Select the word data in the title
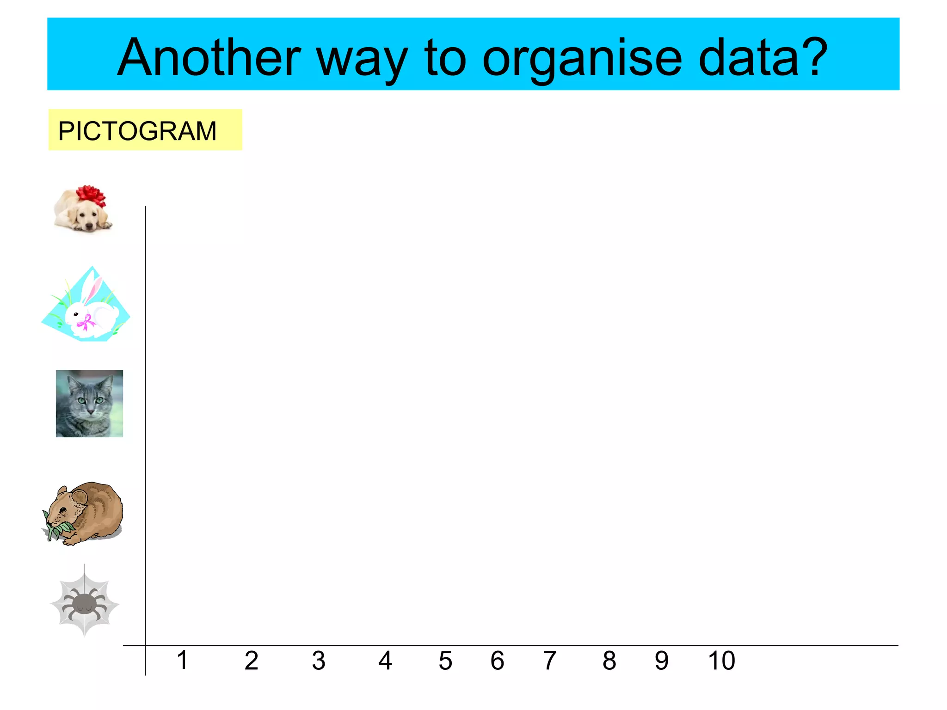(x=749, y=58)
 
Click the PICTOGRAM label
(x=137, y=131)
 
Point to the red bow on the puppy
(x=91, y=195)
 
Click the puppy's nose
(x=89, y=226)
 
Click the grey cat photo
(x=89, y=403)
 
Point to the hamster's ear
(x=79, y=497)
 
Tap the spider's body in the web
(x=84, y=603)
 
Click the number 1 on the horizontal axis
(x=183, y=660)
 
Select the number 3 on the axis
(x=318, y=661)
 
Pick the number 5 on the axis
(x=445, y=661)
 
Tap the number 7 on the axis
(x=549, y=661)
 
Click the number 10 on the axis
(x=721, y=661)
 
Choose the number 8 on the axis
(x=609, y=661)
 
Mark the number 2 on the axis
(x=251, y=661)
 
